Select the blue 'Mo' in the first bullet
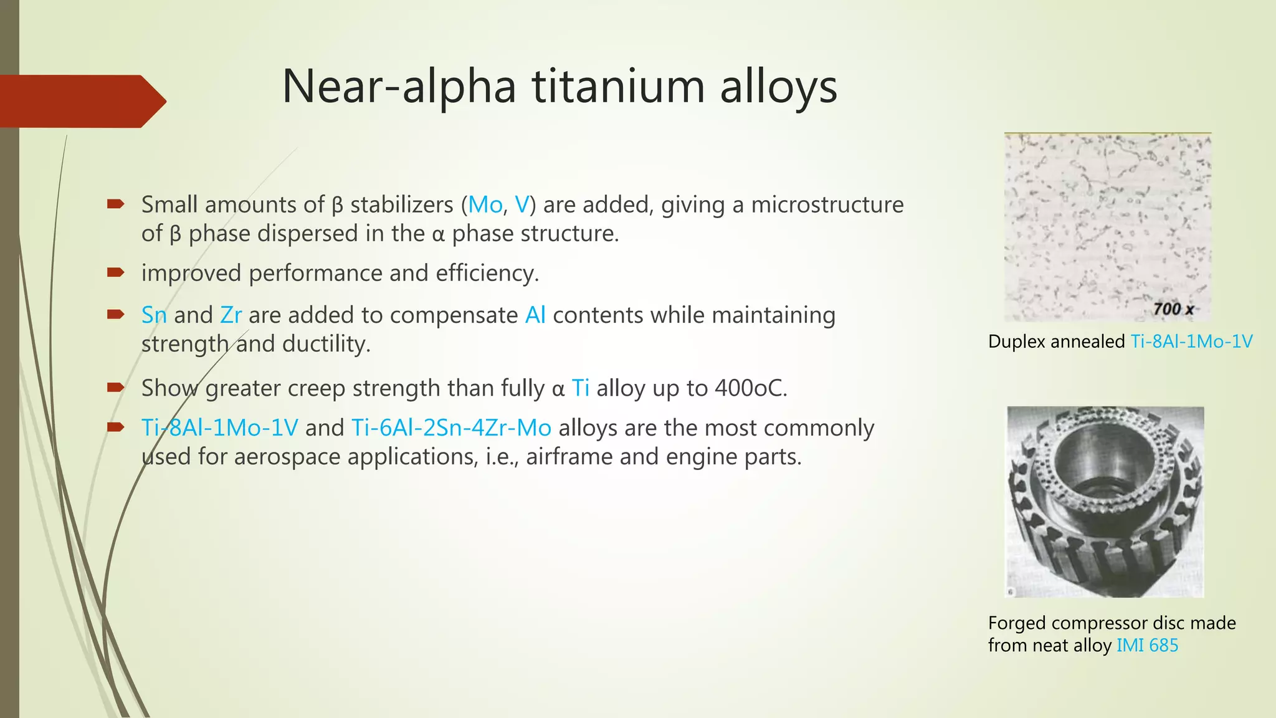[485, 204]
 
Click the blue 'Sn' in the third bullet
[154, 315]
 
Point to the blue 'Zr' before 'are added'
[231, 315]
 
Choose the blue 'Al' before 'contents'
[535, 315]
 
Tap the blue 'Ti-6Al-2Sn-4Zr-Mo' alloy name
[451, 428]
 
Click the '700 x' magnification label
[1173, 309]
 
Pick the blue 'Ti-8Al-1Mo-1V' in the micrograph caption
[1191, 342]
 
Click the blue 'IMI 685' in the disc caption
[1147, 645]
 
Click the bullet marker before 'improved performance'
[116, 272]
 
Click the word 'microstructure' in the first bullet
[827, 204]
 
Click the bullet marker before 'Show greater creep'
[116, 387]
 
